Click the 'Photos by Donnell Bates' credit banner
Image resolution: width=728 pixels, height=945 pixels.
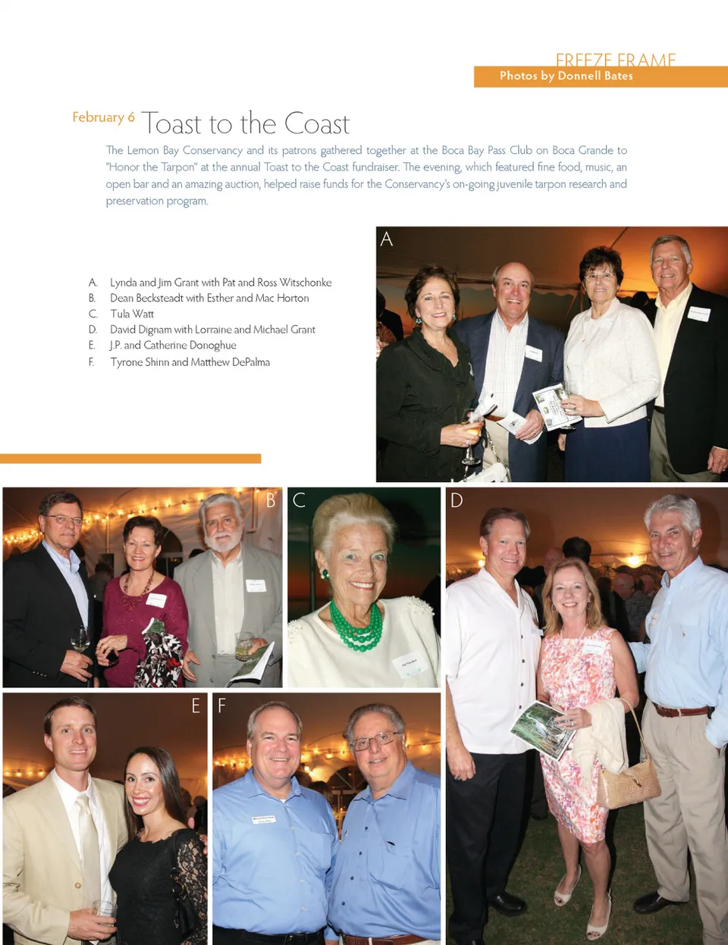coord(566,76)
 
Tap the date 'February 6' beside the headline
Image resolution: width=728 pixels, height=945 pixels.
coord(103,117)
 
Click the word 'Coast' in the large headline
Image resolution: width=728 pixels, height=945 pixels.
coord(317,124)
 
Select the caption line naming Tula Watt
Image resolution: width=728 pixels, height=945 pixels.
coord(132,314)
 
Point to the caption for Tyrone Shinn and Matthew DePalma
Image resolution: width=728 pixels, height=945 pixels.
coord(190,362)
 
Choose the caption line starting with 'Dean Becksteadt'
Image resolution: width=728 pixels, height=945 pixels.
coord(209,298)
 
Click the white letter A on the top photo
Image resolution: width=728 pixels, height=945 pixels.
coord(387,239)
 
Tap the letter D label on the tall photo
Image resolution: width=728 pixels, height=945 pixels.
coord(457,500)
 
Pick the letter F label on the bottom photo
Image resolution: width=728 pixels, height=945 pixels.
coord(222,706)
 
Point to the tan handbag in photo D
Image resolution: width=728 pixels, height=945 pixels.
coord(627,784)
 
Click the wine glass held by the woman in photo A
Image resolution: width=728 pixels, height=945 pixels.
coord(471,436)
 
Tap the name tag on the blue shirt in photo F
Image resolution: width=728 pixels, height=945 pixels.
coord(263,820)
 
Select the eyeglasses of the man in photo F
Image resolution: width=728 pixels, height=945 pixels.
coord(374,740)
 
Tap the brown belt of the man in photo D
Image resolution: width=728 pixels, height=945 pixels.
coord(682,711)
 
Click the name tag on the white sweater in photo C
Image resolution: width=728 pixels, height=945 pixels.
coord(408,666)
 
